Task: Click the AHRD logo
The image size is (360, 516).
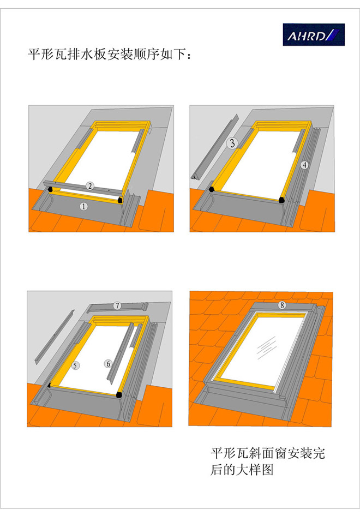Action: point(314,34)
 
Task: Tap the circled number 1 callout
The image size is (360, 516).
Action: point(83,206)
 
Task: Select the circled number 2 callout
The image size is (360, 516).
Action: point(90,186)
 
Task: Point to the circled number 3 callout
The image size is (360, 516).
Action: point(233,143)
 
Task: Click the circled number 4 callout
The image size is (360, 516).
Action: point(304,165)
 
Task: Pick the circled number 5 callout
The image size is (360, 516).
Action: point(75,365)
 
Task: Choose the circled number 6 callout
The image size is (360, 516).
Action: point(108,364)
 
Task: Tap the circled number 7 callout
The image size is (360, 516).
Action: point(117,305)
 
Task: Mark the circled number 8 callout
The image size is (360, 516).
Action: point(281,305)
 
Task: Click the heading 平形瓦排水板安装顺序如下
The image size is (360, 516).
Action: point(110,55)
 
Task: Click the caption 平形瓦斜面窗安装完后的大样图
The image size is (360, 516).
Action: point(267,461)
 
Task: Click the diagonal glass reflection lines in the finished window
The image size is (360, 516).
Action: point(267,347)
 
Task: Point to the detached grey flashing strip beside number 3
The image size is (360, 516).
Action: point(215,147)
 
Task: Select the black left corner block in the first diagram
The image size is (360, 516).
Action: point(50,190)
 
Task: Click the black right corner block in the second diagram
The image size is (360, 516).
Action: point(281,200)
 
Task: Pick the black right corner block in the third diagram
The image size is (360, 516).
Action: point(119,394)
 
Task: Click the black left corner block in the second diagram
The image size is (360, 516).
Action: point(212,189)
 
